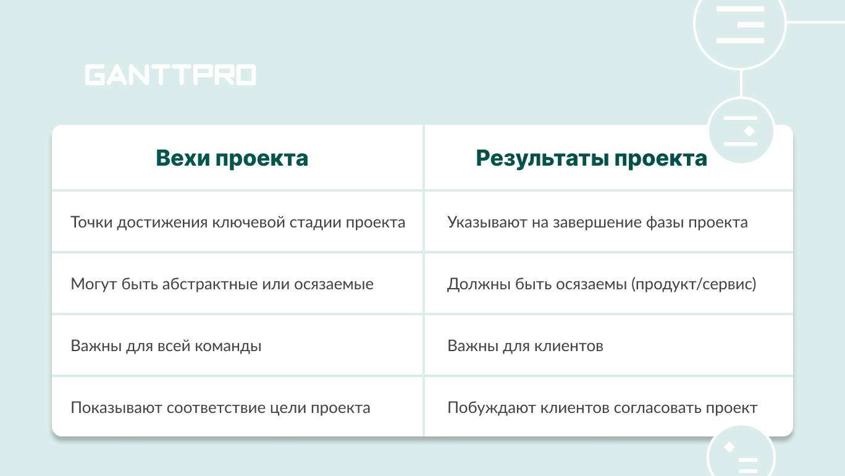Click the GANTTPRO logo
[x=170, y=75]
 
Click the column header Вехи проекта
[x=232, y=158]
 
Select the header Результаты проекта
[x=591, y=158]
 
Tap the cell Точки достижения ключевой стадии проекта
[x=238, y=223]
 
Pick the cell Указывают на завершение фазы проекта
[x=597, y=223]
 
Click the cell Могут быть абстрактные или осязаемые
[x=222, y=284]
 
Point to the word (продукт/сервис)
[x=694, y=284]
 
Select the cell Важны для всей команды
[x=166, y=346]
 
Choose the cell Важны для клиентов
[x=525, y=346]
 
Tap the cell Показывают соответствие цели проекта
[x=221, y=408]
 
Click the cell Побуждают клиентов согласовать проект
[x=602, y=408]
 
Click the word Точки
[x=91, y=223]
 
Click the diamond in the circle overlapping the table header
[x=749, y=131]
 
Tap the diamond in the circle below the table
[x=729, y=447]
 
